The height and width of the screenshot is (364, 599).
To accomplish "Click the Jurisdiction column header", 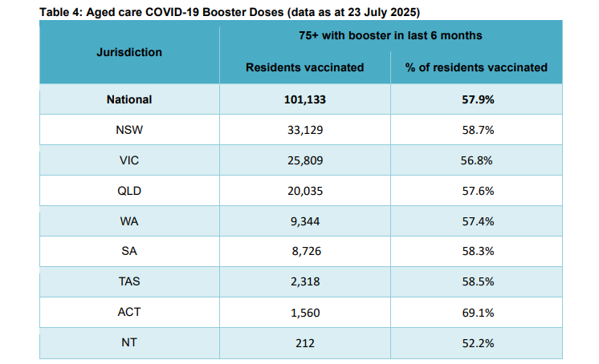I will coord(129,52).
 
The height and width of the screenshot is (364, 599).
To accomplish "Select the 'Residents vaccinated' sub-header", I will coord(304,67).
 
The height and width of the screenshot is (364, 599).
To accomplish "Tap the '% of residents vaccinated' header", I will coord(476,67).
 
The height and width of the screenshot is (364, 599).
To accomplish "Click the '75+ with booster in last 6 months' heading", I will coord(390,36).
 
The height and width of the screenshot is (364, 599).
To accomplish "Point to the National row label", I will coord(129,100).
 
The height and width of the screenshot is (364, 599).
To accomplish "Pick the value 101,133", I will coord(304,100).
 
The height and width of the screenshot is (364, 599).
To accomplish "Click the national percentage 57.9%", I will coord(476,100).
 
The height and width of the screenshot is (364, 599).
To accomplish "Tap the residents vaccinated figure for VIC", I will coord(304,160).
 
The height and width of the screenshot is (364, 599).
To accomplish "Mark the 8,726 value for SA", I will coord(304,252).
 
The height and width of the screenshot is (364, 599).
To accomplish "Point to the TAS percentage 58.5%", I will coord(476,282).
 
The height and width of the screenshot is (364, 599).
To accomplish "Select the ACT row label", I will coord(129,312).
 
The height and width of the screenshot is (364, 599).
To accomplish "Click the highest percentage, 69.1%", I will coord(476,312).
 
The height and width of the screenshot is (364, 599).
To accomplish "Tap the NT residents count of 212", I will coord(304,342).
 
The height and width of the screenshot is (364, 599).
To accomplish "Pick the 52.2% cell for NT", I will coord(476,342).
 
